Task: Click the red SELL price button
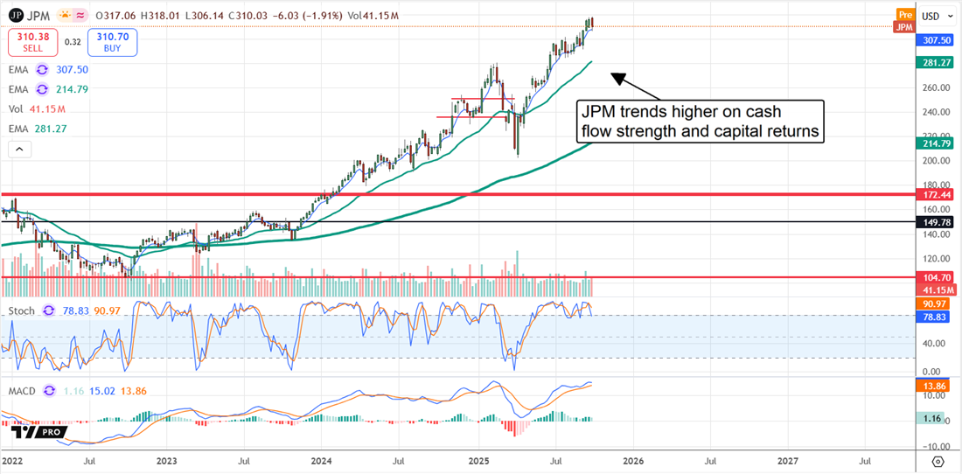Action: (x=33, y=42)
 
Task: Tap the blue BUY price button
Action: (x=113, y=42)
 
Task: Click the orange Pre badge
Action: (x=905, y=15)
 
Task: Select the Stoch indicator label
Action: (x=22, y=311)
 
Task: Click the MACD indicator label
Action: (x=21, y=391)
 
